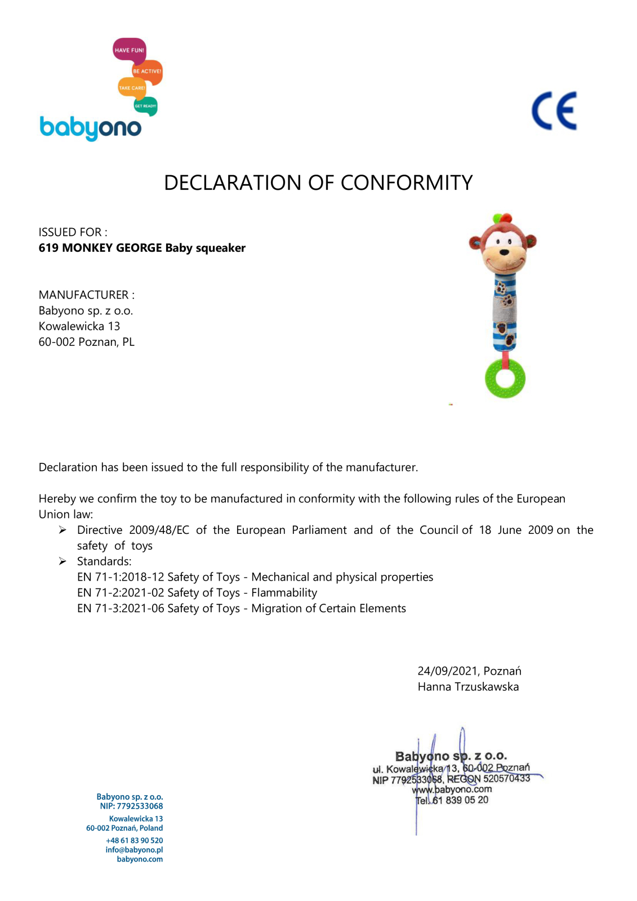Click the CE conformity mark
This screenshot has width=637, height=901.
(x=554, y=111)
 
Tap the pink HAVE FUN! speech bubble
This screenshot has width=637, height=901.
(x=130, y=50)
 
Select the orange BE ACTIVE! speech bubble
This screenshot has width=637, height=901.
(x=148, y=72)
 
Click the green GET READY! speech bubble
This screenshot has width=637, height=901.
(x=145, y=106)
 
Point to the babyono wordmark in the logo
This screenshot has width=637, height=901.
(x=90, y=128)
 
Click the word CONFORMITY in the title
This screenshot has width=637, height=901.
(x=406, y=183)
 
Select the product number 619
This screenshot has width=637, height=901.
(x=48, y=248)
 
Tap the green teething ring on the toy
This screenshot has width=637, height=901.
(x=505, y=378)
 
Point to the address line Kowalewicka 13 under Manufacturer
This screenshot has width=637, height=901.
(x=79, y=327)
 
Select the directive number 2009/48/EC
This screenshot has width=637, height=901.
(x=159, y=530)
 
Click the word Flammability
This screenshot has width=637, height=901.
(x=284, y=593)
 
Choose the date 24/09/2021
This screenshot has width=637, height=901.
(x=448, y=671)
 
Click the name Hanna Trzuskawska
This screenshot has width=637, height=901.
(x=468, y=687)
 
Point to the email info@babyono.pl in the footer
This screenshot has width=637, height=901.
(x=134, y=850)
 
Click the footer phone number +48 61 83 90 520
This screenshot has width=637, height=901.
(x=134, y=840)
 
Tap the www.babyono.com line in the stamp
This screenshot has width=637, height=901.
(x=452, y=790)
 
